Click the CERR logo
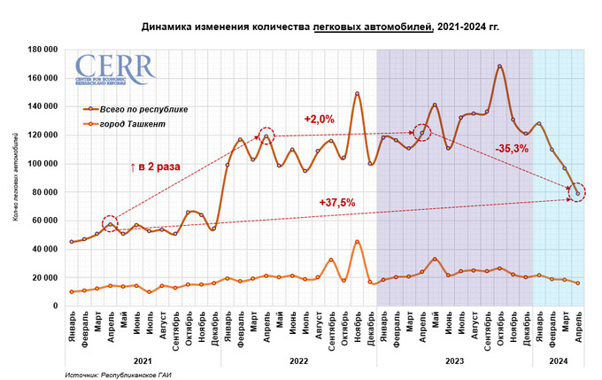[112, 69]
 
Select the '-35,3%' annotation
[512, 149]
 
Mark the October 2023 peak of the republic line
[499, 66]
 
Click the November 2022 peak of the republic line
[357, 94]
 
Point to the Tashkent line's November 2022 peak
[357, 242]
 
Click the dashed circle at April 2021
[110, 224]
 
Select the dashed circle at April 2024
[577, 192]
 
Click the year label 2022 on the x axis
[298, 361]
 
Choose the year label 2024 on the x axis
[558, 361]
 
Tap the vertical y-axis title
[15, 177]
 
